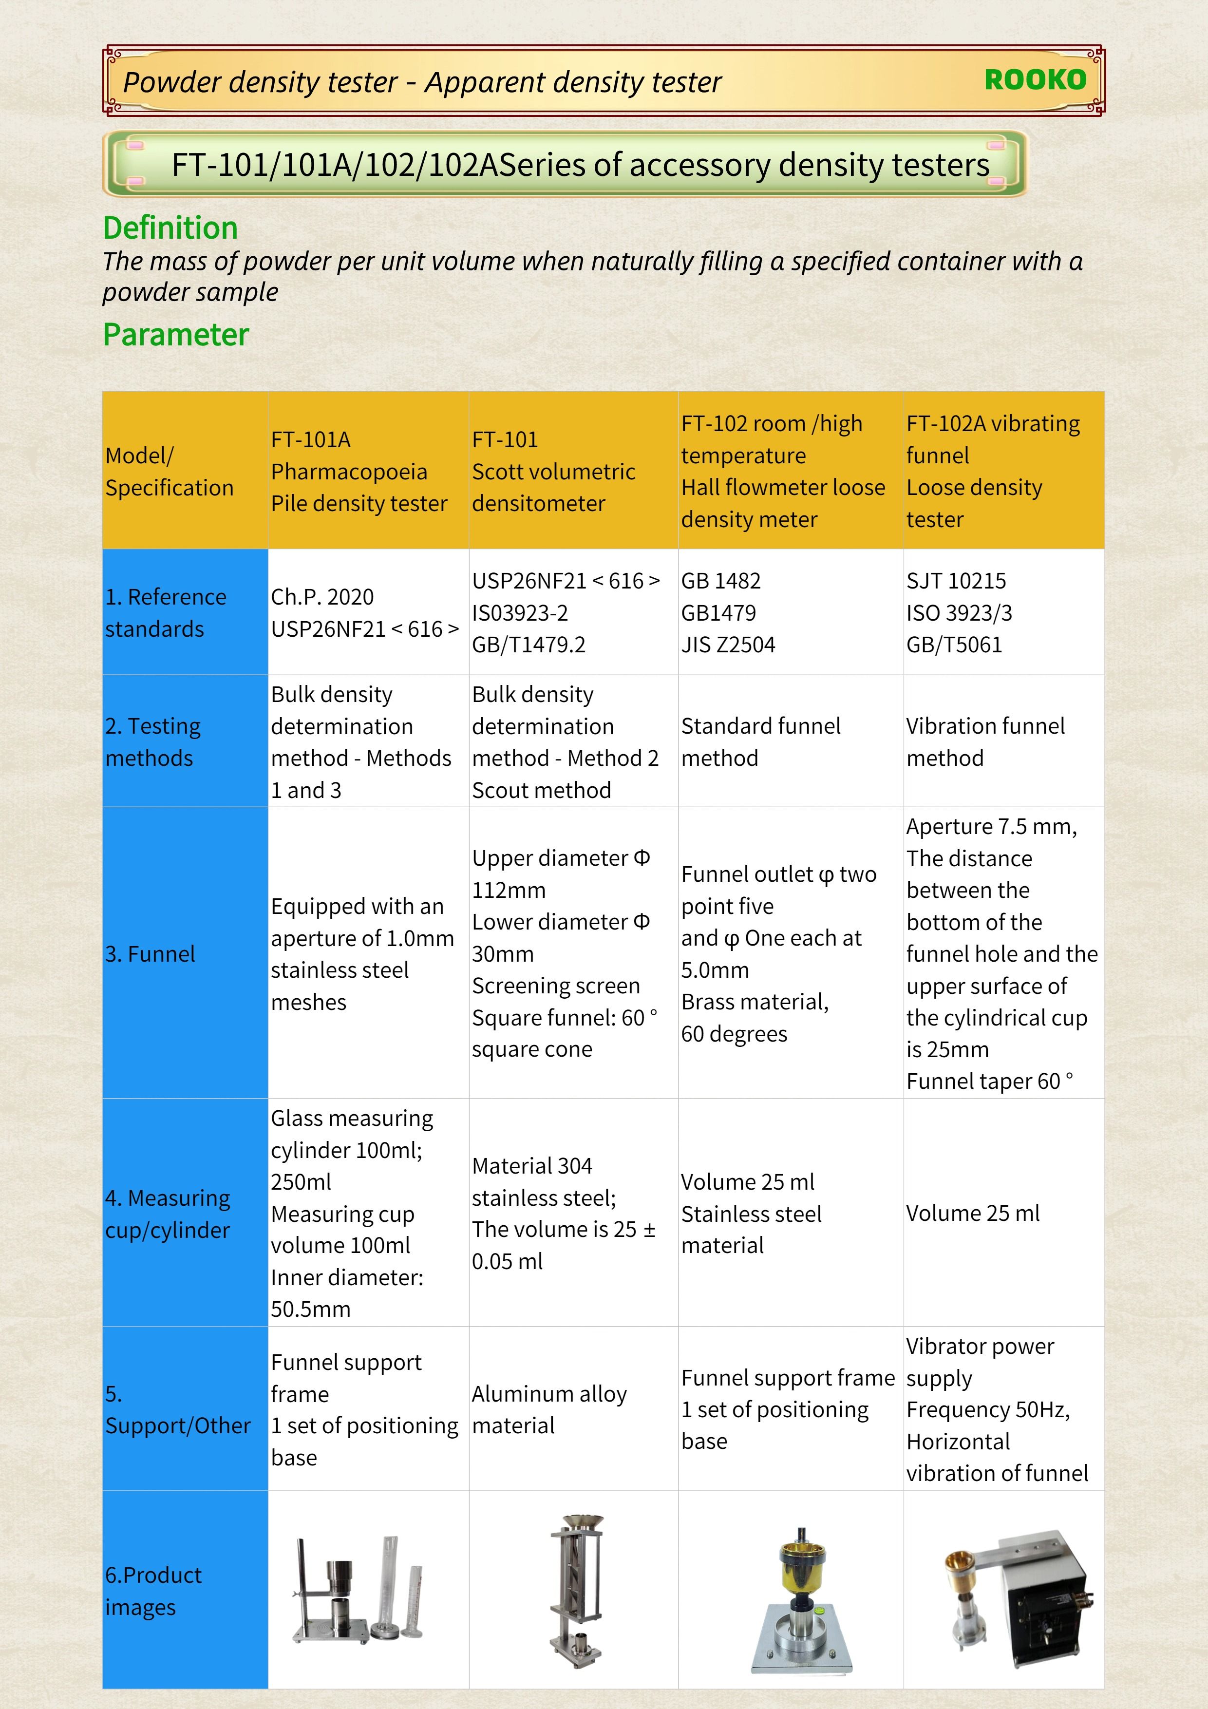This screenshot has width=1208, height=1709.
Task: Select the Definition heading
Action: (170, 228)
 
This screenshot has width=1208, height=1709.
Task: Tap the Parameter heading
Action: (176, 335)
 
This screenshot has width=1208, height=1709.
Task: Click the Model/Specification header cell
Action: (170, 471)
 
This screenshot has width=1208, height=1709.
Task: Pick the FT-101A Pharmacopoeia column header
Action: (359, 471)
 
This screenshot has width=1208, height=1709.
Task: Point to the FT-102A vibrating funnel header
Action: (993, 471)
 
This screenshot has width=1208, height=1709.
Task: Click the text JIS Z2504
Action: (728, 645)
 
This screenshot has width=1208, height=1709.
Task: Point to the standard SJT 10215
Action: (956, 581)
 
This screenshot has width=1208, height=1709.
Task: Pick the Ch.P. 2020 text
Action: (322, 597)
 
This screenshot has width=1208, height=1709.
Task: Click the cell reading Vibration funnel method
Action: (985, 741)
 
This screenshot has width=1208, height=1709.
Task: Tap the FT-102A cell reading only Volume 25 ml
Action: (973, 1213)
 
